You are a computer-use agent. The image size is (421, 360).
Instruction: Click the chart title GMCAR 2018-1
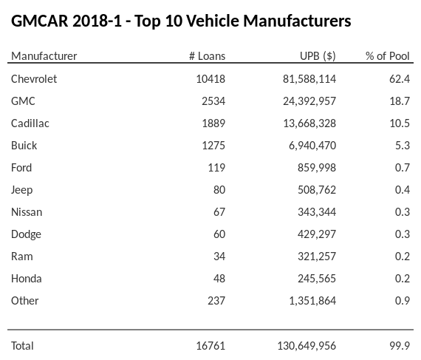(181, 21)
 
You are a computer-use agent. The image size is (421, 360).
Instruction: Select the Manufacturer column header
(44, 56)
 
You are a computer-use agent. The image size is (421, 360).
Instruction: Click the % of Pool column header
(388, 56)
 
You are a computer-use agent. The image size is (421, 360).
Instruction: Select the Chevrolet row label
(34, 79)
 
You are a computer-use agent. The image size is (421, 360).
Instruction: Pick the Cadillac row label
(30, 123)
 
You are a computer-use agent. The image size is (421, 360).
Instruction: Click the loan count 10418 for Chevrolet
(210, 79)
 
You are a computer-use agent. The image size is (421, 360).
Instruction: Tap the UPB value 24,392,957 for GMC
(304, 101)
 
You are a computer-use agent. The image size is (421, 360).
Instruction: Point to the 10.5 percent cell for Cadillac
(400, 123)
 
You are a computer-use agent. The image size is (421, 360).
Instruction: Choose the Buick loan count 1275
(213, 146)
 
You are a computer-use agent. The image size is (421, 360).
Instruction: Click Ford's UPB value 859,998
(315, 168)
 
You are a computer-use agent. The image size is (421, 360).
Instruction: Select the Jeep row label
(22, 190)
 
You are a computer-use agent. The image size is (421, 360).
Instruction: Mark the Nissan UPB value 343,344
(315, 212)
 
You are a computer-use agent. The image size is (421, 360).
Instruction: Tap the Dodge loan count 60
(219, 234)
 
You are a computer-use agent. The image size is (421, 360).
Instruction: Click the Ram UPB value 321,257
(315, 257)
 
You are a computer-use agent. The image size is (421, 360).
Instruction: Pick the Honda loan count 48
(219, 279)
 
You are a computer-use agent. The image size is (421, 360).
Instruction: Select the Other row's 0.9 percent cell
(403, 301)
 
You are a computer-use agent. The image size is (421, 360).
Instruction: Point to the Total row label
(23, 346)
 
